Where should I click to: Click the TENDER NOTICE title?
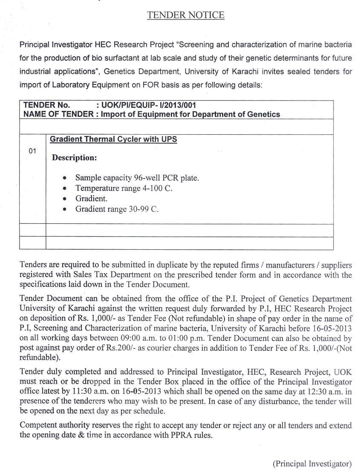click(x=186, y=15)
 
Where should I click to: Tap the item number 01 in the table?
click(x=32, y=151)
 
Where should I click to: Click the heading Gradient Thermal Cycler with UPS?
click(x=113, y=139)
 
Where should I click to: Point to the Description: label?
click(x=74, y=158)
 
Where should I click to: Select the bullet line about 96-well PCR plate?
click(x=137, y=178)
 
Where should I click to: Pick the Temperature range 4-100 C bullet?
click(x=124, y=188)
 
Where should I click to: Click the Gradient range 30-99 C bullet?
click(x=117, y=209)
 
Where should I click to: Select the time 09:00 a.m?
click(x=135, y=339)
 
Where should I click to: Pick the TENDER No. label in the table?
click(x=46, y=105)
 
